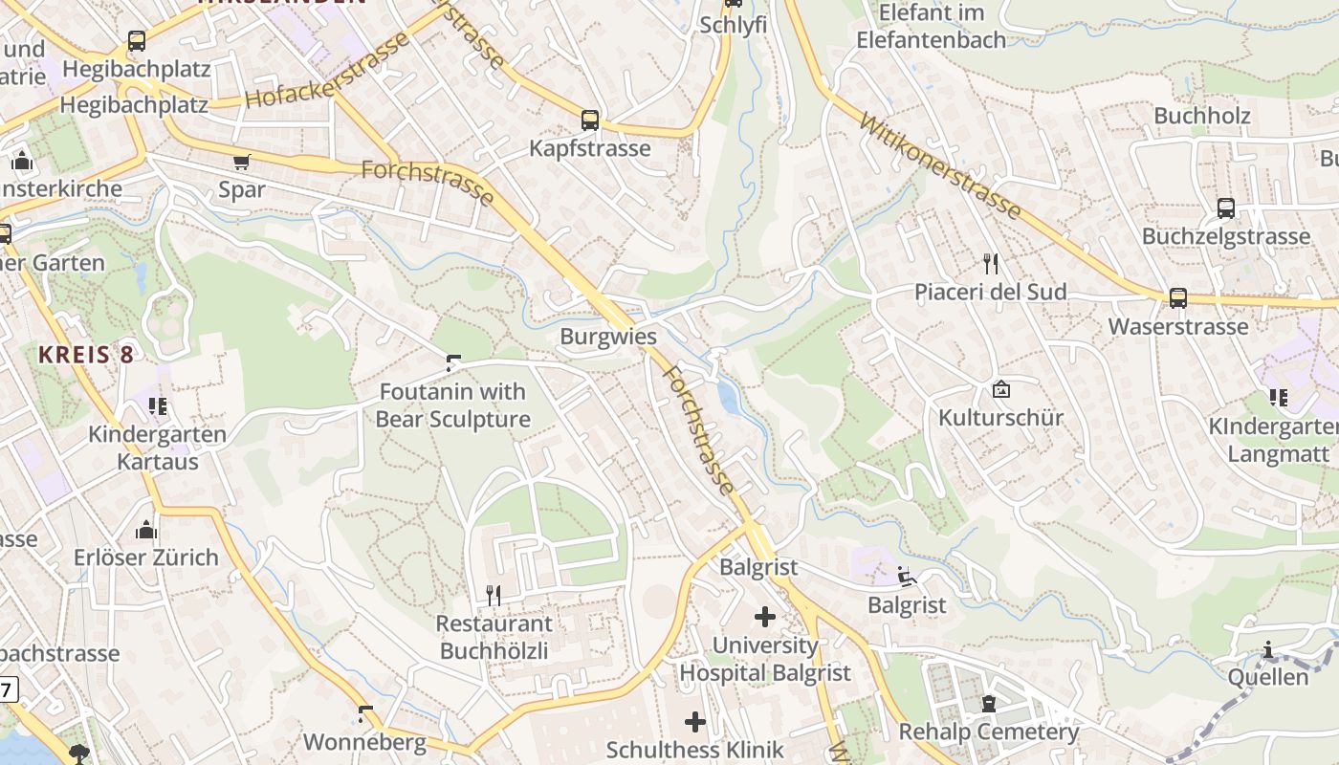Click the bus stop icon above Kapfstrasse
[x=590, y=120]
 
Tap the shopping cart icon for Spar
[x=241, y=163]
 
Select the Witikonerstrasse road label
[x=940, y=166]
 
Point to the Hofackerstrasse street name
[x=326, y=71]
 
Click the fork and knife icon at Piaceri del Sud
[x=991, y=264]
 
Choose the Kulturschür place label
[x=1000, y=418]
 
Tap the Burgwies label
[x=608, y=337]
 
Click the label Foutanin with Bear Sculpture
[x=452, y=405]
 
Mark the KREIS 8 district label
[x=86, y=354]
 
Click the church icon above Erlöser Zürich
[x=146, y=530]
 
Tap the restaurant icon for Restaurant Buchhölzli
[x=494, y=596]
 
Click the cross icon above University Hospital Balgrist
[x=764, y=617]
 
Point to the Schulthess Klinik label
[x=695, y=750]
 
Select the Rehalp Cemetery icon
[x=988, y=705]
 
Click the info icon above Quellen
[x=1268, y=650]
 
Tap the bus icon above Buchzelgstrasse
[x=1225, y=208]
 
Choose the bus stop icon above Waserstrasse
[x=1178, y=298]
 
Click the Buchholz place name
[x=1202, y=116]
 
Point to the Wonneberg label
[x=364, y=742]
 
